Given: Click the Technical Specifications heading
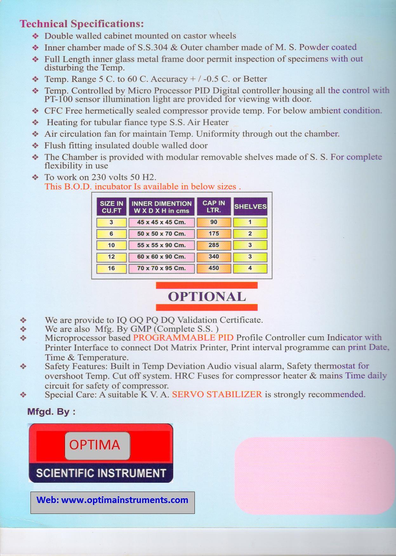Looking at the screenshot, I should coord(82,24).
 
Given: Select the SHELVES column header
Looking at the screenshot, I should coord(250,206).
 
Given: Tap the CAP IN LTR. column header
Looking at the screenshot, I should coord(214,206).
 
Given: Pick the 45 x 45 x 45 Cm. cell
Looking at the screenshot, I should coord(161,222).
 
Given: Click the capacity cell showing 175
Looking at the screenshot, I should coord(214,234).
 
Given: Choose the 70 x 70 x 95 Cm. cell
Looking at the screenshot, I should coord(161,268).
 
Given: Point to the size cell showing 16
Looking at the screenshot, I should coord(111,268).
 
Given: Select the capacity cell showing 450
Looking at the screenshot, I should coord(214,268).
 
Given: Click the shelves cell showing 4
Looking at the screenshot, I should coord(250,268).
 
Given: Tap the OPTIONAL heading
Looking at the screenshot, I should coord(207,297).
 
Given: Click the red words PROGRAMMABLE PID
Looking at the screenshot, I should coord(183,337).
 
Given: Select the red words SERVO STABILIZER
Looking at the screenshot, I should coord(217,395).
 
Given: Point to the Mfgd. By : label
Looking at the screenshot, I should coord(51,412).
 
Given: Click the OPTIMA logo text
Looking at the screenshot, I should coord(95,445).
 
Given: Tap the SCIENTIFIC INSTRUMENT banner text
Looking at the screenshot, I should coord(101,473).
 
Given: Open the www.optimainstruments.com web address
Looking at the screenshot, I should coord(124,500).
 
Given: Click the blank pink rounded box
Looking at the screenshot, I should coord(314,476).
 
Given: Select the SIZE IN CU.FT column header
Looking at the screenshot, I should coord(111,207).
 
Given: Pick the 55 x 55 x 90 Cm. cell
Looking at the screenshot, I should coord(161,245).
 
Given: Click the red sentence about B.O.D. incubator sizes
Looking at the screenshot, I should coord(143,186).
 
